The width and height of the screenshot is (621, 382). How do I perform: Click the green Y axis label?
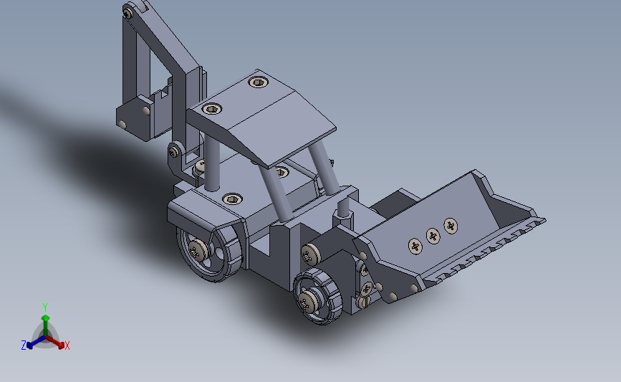tap(45, 307)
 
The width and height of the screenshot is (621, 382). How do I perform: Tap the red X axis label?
tap(67, 345)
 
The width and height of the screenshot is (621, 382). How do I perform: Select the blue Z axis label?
tap(24, 345)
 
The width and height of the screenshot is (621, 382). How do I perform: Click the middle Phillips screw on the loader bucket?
tap(433, 237)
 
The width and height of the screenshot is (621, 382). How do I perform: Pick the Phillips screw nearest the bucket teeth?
tap(451, 226)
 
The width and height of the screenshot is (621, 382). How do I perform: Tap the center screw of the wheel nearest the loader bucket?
tap(308, 302)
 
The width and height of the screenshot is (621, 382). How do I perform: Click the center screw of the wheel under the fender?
tap(197, 249)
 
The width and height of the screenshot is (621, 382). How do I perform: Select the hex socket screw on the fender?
tap(233, 199)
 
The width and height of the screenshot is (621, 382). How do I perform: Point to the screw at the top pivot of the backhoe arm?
tap(127, 14)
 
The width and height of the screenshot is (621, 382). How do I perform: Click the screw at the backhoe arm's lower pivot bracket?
tap(173, 152)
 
